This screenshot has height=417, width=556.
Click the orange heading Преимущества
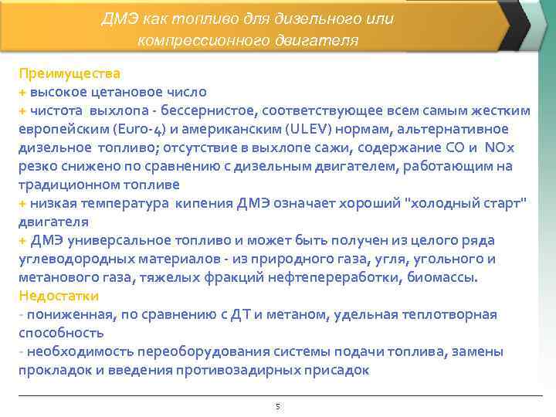coord(69,74)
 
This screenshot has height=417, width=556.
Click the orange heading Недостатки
coord(64,296)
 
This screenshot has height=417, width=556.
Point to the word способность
coord(61,333)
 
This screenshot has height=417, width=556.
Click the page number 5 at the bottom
coord(277,406)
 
